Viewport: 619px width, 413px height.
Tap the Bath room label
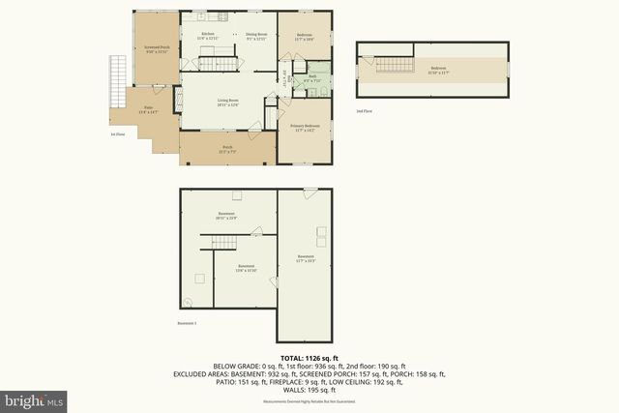pyautogui.click(x=312, y=78)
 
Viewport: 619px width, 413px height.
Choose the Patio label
pyautogui.click(x=147, y=109)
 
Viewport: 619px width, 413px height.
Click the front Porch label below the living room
pyautogui.click(x=228, y=149)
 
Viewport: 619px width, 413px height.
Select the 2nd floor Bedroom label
pyautogui.click(x=439, y=69)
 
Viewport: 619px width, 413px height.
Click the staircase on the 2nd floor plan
pyautogui.click(x=390, y=65)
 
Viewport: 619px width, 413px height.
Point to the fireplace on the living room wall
pyautogui.click(x=176, y=99)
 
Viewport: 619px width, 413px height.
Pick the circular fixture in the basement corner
pyautogui.click(x=188, y=300)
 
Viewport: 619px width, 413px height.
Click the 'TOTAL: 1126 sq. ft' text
pyautogui.click(x=309, y=358)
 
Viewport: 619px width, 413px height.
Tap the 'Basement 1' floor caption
pyautogui.click(x=188, y=322)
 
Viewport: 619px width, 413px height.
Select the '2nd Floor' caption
pyautogui.click(x=364, y=111)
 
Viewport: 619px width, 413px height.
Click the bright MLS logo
pyautogui.click(x=34, y=398)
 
